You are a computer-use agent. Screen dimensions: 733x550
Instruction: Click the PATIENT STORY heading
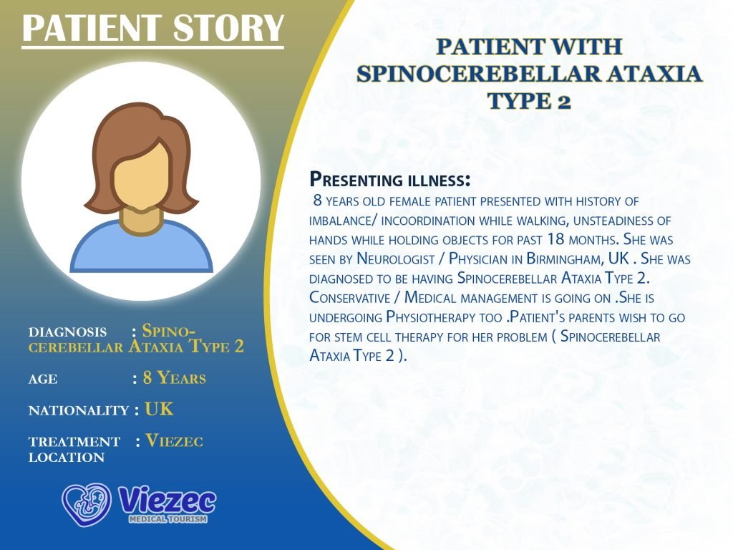pos(153,28)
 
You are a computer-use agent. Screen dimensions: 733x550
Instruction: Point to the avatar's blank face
pos(141,175)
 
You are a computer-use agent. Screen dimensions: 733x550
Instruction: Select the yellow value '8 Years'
pos(175,378)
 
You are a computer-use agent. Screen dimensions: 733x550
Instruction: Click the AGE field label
pos(43,379)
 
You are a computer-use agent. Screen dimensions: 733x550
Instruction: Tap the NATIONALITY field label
pos(79,410)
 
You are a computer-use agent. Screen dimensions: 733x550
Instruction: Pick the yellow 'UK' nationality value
pos(159,409)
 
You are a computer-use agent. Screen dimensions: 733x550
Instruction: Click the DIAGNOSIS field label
pos(67,332)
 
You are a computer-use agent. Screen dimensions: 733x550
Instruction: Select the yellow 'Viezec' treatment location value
pos(175,441)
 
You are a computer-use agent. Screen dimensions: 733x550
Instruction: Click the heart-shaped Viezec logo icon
pos(87,504)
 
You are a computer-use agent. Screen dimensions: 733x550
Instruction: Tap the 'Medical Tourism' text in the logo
pos(168,519)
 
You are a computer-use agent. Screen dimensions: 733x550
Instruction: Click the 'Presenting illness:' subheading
pos(390,180)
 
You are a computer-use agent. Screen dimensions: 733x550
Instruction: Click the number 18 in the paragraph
pos(555,239)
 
